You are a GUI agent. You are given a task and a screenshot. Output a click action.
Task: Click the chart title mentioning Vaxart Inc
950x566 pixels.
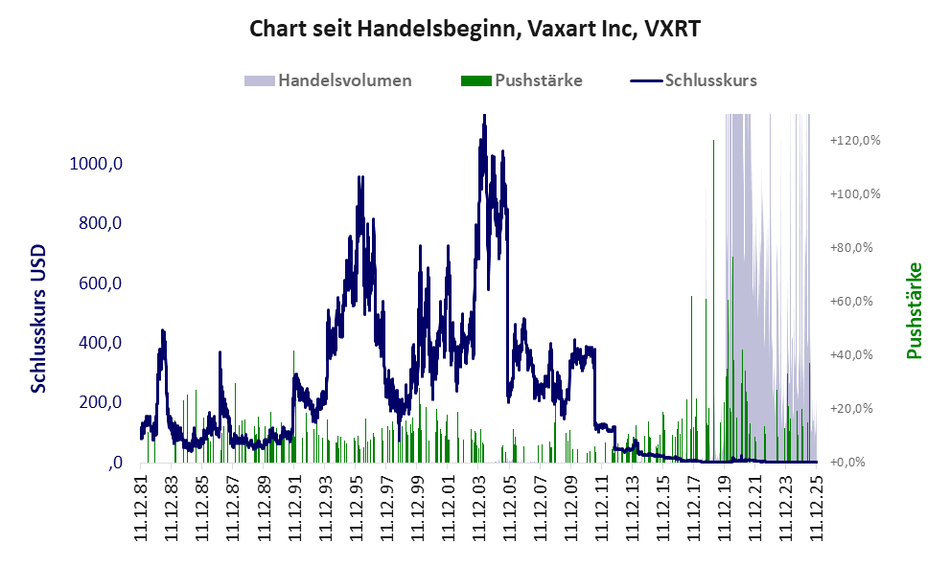[x=475, y=29]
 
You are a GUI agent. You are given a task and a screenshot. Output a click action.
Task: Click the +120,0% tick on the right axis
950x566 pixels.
[x=854, y=141]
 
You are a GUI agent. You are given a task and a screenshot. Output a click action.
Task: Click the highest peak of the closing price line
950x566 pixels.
[x=484, y=117]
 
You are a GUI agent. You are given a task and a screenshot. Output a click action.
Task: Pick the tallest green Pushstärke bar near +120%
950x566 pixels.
[x=714, y=142]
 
